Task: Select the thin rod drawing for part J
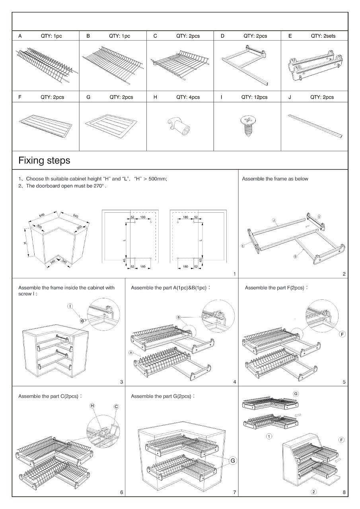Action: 314,125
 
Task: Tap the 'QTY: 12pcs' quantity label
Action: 254,97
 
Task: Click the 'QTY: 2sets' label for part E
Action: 323,36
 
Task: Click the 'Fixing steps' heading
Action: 44,160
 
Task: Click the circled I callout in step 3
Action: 70,306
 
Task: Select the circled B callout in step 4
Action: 179,317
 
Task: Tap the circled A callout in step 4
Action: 130,352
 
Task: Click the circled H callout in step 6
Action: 92,406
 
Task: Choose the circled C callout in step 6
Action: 116,406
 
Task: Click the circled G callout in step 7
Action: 233,460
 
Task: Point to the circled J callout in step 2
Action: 274,220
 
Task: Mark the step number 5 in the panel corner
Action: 344,382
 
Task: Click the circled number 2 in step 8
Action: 313,492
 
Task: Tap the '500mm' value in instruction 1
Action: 158,179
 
